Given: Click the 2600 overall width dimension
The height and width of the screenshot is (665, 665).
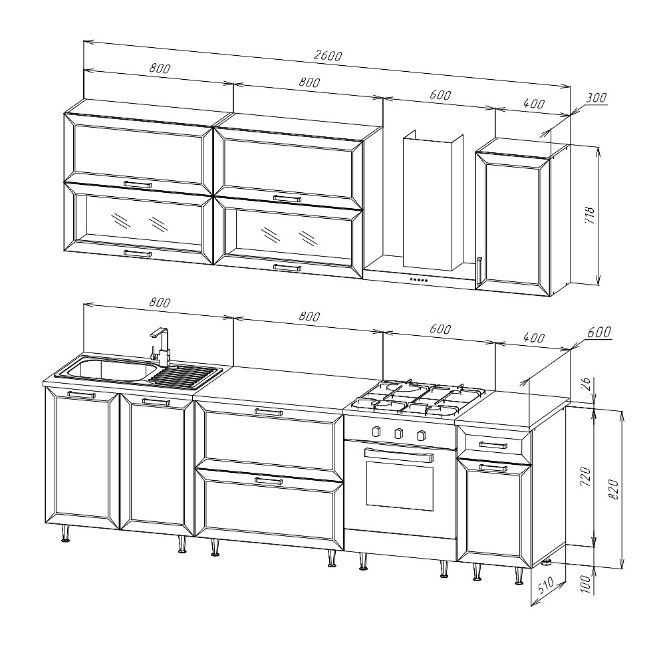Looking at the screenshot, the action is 327,56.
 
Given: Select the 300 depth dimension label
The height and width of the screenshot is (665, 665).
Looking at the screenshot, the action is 597,98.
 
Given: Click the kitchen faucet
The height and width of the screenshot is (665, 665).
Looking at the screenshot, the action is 160,346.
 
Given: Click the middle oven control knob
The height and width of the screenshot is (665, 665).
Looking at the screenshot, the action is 398,434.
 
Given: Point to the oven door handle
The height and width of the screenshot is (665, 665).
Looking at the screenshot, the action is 398,455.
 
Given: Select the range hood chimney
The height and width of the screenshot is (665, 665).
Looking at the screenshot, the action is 433,200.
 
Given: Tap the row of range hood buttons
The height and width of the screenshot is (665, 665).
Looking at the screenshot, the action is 418,280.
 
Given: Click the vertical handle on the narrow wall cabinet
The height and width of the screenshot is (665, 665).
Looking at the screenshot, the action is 479,271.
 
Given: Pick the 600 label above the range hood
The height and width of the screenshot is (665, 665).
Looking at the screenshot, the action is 440,94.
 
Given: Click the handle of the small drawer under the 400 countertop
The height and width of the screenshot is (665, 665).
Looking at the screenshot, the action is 493,446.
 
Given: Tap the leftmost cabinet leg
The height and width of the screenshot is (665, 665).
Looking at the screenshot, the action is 66,534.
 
